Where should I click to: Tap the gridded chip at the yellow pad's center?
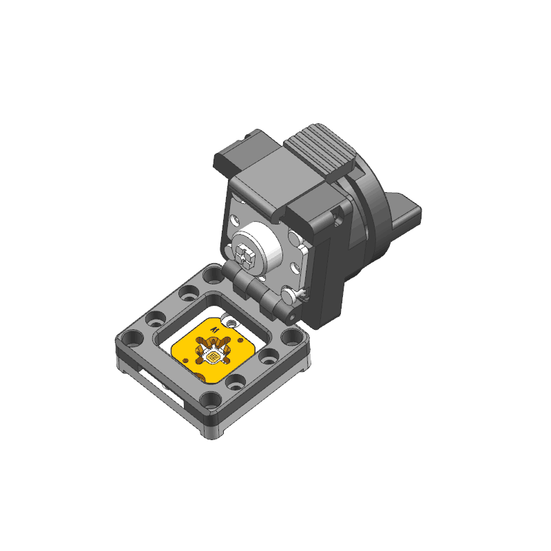(x=212, y=357)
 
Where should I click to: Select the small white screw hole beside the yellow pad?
(x=231, y=322)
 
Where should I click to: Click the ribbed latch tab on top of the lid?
(x=320, y=152)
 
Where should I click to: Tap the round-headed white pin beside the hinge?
(x=290, y=295)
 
